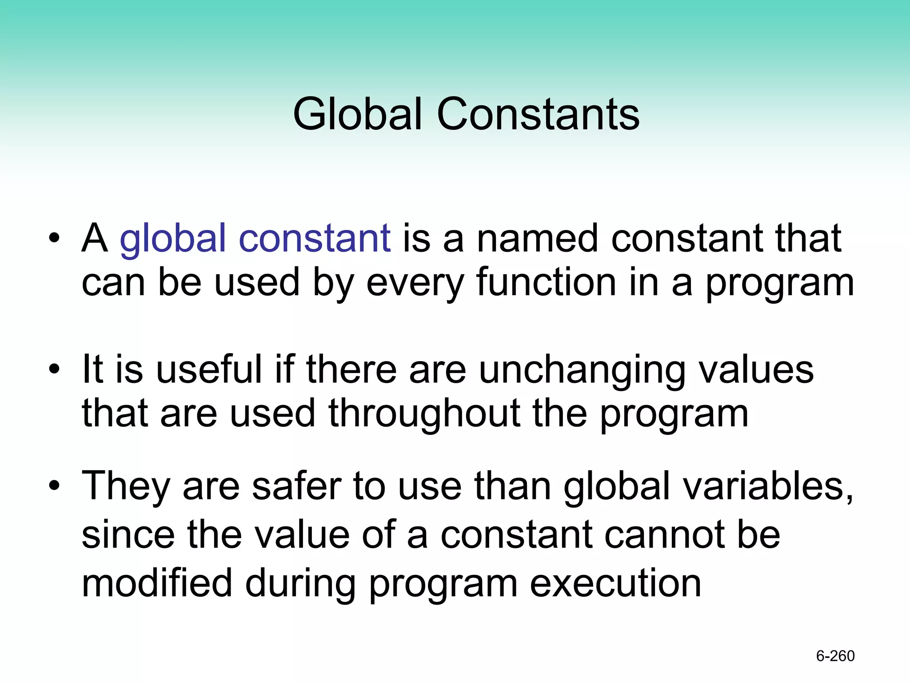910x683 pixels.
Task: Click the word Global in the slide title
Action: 357,114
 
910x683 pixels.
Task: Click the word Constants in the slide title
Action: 538,114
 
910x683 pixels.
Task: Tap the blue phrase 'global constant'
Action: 255,239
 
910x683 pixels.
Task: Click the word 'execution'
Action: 615,583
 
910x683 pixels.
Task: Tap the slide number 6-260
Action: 835,656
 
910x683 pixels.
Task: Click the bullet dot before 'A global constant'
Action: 54,239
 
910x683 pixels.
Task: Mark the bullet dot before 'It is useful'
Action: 54,370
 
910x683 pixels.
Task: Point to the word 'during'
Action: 300,583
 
